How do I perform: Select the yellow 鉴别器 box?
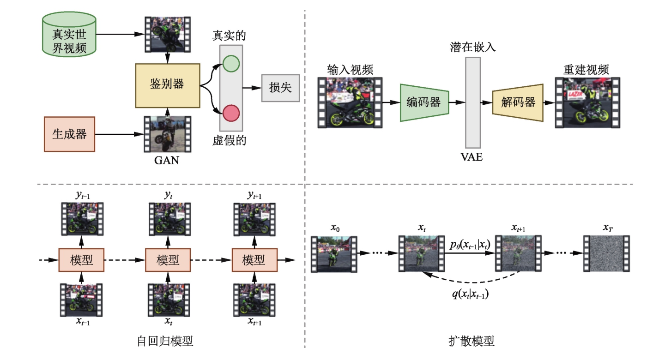click(x=167, y=84)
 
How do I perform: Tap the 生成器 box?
click(x=69, y=134)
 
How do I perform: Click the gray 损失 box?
click(x=280, y=88)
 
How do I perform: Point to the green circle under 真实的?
click(x=231, y=63)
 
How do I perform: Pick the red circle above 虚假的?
click(x=231, y=113)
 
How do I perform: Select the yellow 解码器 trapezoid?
click(x=518, y=102)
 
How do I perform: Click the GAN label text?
click(x=167, y=162)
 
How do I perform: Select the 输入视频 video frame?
click(x=351, y=102)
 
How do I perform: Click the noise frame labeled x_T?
click(x=606, y=253)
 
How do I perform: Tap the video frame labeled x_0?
click(x=333, y=253)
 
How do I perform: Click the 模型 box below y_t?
click(x=167, y=260)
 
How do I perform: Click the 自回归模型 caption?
click(x=165, y=341)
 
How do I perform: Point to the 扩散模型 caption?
click(x=472, y=341)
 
